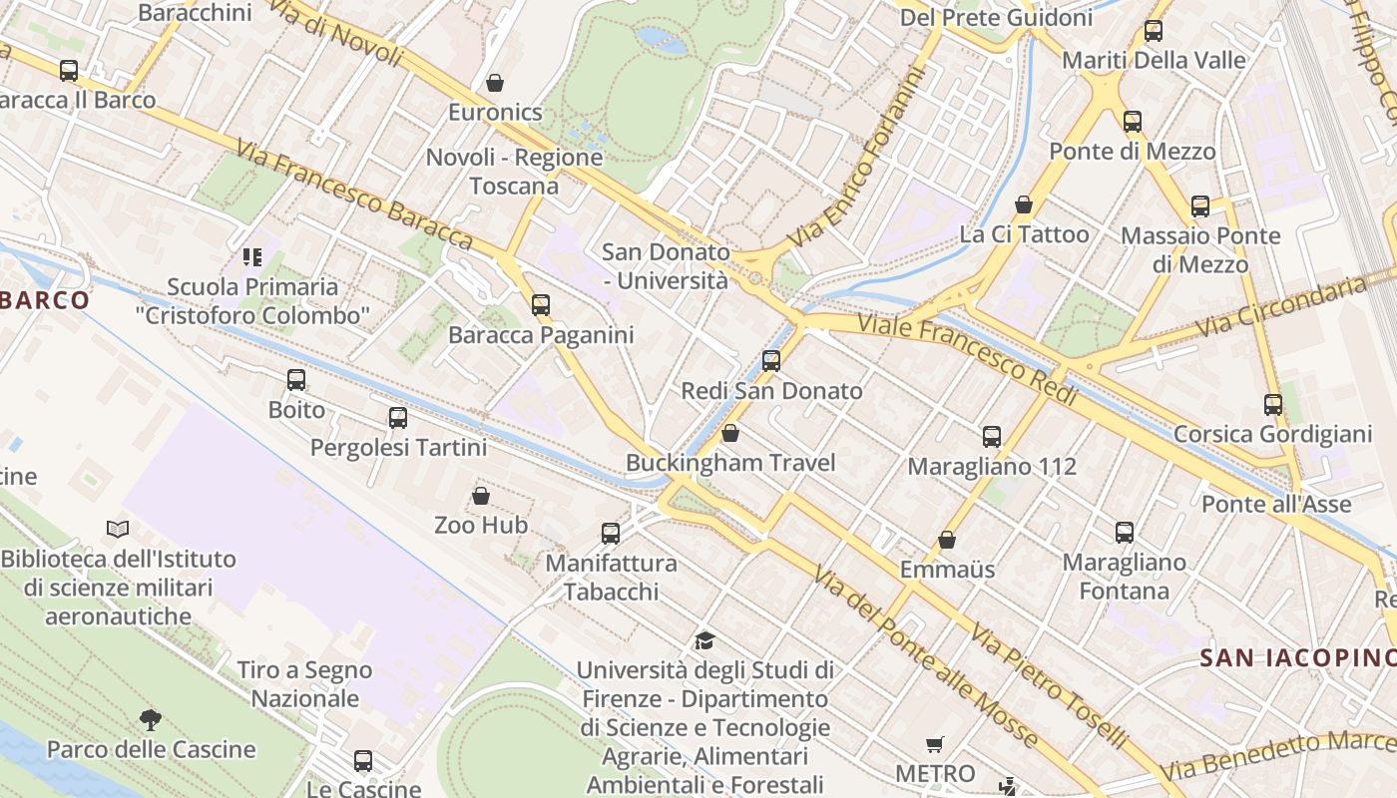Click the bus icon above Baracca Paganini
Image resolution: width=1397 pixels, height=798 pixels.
point(541,304)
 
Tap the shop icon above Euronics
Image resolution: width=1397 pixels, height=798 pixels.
point(495,82)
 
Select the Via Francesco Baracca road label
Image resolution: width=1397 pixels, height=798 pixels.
point(353,195)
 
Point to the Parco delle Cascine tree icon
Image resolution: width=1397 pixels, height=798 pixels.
point(151,718)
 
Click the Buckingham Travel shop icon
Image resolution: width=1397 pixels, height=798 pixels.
point(730,433)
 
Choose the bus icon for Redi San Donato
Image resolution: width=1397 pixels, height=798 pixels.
point(771,361)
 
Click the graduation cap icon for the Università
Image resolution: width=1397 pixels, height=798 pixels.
point(704,640)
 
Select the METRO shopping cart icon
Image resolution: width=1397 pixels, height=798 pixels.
point(935,744)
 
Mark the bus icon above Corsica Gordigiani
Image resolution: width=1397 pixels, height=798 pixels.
point(1273,404)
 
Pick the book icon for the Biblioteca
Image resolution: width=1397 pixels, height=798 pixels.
point(118,529)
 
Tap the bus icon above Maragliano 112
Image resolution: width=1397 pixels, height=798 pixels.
point(992,436)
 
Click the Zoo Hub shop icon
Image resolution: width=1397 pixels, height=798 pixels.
point(481,495)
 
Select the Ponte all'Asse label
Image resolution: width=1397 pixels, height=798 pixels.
point(1276,504)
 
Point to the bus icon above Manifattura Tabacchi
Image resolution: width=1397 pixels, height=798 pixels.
point(611,534)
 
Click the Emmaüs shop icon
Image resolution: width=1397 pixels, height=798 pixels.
point(947,540)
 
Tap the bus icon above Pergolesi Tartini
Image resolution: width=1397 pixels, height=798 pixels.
point(398,418)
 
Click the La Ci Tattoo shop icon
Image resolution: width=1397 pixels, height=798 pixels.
point(1024,204)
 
